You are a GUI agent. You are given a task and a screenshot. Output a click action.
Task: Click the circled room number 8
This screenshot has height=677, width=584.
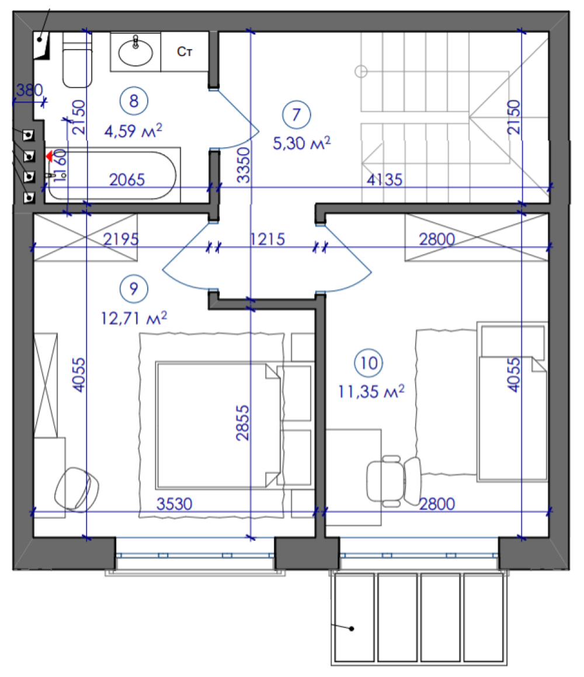tap(134, 100)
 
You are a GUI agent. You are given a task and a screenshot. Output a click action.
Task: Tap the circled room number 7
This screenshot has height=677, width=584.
tap(296, 114)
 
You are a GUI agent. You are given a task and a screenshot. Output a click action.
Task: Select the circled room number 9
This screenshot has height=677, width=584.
tap(134, 289)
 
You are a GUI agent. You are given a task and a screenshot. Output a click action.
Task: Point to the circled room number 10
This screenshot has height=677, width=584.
tap(369, 363)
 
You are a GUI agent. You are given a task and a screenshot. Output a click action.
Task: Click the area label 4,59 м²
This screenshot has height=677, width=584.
tap(133, 130)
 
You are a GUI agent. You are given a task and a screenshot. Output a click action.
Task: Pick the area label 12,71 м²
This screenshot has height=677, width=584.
tap(134, 318)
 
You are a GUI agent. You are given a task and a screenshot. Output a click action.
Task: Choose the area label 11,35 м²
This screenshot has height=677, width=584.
tap(371, 391)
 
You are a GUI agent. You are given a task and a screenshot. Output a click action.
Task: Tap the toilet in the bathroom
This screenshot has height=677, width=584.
tap(77, 60)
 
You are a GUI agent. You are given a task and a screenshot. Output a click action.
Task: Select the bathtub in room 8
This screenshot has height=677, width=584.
tap(112, 175)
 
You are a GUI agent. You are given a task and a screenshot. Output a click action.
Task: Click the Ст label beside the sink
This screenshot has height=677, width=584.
tap(185, 52)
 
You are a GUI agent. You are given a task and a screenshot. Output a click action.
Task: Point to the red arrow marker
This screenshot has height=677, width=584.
tap(49, 156)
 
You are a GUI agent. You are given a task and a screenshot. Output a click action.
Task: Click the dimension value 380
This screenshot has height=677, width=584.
tap(29, 90)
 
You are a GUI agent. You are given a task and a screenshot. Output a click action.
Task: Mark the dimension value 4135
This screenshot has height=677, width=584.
tap(384, 179)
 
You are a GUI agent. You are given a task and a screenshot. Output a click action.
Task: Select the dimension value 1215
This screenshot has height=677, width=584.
tap(267, 239)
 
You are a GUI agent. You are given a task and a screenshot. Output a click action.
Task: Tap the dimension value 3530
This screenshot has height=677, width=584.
tap(175, 504)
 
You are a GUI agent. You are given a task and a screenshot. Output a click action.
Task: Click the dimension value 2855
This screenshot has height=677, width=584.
tap(243, 423)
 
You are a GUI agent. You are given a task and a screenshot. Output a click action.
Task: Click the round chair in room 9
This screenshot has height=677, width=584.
tap(77, 489)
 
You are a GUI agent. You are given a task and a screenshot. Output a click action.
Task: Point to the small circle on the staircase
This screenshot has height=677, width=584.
tap(361, 71)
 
